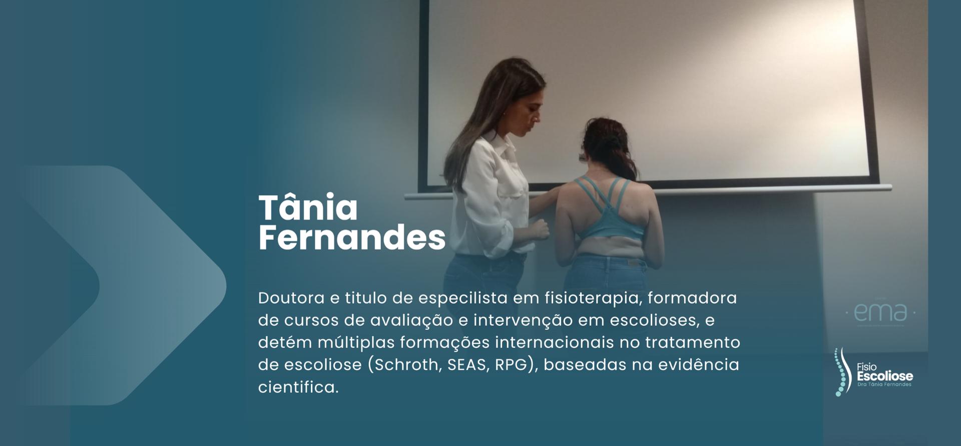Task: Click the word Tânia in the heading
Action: [308, 208]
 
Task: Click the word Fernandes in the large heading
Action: [351, 238]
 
